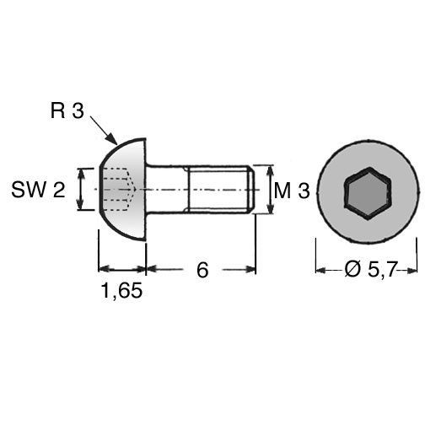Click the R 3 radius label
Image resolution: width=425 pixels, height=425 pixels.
tap(67, 110)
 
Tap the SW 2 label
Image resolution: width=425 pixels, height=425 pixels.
tap(38, 190)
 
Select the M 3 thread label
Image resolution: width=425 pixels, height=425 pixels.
tap(292, 191)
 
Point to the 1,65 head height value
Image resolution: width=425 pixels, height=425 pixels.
tap(121, 291)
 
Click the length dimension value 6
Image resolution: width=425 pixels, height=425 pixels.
tap(202, 270)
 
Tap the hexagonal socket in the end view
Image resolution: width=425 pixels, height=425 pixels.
tap(368, 193)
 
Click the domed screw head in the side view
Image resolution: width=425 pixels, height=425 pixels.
tap(123, 190)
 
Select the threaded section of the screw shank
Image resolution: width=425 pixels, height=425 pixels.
tap(218, 190)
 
